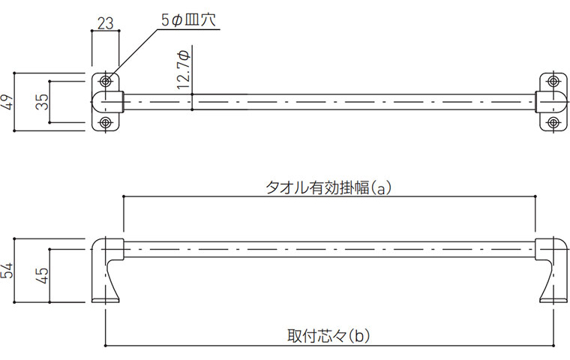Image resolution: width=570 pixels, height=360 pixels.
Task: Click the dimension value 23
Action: point(106,22)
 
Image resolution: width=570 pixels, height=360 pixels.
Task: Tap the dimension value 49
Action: point(7,101)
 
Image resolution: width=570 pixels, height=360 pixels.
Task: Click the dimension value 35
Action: point(43,101)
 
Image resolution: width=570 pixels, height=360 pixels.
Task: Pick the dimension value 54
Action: point(7,271)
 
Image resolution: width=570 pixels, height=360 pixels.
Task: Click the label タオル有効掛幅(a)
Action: point(328,187)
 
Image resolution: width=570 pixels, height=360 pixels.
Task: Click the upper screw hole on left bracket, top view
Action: point(106,80)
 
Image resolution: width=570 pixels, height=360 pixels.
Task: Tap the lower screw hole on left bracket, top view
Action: point(106,122)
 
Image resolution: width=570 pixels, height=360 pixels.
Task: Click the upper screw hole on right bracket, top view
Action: point(553,80)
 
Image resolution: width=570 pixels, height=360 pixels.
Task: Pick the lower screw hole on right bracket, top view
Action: point(553,122)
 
